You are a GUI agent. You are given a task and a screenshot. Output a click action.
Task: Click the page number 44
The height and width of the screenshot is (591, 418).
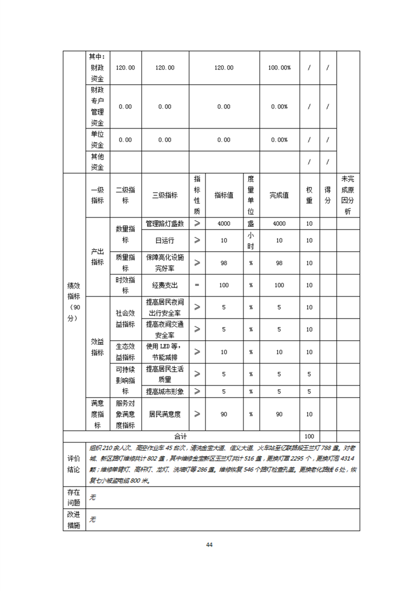click(x=209, y=544)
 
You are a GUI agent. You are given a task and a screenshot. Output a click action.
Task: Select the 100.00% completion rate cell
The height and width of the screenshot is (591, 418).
click(x=279, y=68)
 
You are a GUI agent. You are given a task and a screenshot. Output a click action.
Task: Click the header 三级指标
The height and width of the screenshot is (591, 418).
click(x=164, y=195)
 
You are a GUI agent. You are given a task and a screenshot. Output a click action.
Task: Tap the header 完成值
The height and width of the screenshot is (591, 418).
click(x=279, y=195)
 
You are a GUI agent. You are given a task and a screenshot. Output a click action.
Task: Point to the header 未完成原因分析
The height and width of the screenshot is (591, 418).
click(x=348, y=195)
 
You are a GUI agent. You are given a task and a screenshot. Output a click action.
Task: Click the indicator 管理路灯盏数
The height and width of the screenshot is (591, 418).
click(x=164, y=223)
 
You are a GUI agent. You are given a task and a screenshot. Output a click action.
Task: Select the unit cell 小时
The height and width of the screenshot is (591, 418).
click(x=251, y=240)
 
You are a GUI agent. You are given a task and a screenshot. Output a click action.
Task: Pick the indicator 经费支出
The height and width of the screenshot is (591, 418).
click(x=164, y=285)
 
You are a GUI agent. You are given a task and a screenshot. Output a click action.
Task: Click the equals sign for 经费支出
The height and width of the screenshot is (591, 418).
click(x=197, y=285)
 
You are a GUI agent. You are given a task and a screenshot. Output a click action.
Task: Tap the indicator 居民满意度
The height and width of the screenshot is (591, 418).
click(x=164, y=415)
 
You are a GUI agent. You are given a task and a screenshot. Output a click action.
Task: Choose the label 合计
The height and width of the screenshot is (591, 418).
click(x=181, y=436)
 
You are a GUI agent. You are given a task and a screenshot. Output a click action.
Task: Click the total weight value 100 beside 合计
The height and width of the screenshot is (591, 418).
click(x=309, y=436)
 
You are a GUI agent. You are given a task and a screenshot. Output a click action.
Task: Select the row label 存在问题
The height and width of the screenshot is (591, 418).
click(x=74, y=497)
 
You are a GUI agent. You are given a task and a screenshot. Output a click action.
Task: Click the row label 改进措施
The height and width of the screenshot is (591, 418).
click(x=74, y=519)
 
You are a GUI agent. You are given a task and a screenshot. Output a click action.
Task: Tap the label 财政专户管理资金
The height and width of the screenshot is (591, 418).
click(x=97, y=106)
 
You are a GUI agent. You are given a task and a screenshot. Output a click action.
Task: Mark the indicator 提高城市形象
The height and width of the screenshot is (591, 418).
click(x=164, y=391)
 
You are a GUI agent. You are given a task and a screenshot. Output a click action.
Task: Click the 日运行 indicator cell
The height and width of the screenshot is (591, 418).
click(x=164, y=240)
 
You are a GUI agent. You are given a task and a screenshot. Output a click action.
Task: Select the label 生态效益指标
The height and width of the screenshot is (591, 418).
click(x=125, y=352)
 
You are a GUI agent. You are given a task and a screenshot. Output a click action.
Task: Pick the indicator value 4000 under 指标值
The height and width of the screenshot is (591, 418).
click(x=224, y=223)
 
